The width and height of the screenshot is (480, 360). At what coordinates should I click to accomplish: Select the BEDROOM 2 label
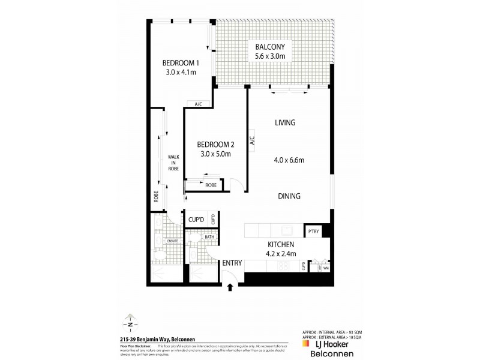tap(215, 144)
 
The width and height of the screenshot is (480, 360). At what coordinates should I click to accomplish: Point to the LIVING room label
tap(285, 122)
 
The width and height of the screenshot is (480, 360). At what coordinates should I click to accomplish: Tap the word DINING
tap(289, 196)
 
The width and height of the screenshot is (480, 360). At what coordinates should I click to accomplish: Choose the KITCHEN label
tap(280, 244)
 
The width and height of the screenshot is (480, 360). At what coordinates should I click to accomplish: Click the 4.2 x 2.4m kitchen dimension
tap(280, 253)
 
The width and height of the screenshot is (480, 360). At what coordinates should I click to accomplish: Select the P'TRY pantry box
tap(313, 231)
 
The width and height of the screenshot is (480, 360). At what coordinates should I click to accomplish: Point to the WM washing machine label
tap(326, 269)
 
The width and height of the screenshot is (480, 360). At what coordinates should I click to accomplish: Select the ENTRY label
tap(232, 263)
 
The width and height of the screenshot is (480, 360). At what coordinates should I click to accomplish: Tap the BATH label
tap(209, 236)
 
